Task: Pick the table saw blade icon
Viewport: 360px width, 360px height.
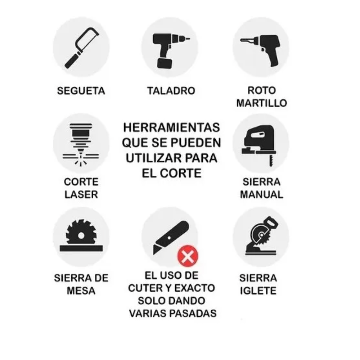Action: tap(81, 235)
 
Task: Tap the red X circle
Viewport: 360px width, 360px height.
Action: tap(188, 256)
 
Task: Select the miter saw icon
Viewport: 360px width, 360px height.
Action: tap(262, 237)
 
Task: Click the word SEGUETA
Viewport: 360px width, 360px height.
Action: tap(81, 91)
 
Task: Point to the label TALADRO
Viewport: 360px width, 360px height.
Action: tap(171, 91)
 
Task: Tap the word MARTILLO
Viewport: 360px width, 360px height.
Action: tap(262, 103)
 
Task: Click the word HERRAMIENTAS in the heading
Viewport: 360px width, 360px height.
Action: tap(171, 128)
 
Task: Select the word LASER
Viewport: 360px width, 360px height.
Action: tap(81, 195)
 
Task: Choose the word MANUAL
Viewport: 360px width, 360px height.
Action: tap(261, 195)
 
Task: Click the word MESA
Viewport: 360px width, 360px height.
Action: tap(81, 291)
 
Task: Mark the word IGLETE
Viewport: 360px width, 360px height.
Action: tap(258, 291)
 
